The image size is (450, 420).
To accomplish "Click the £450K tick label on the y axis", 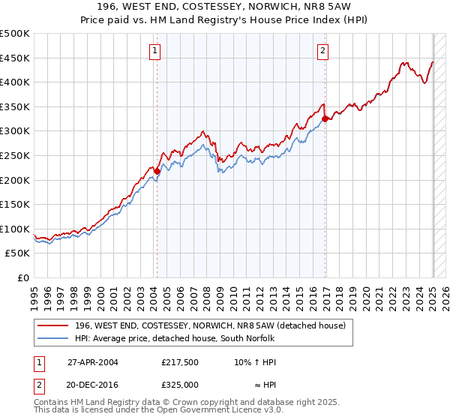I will click(x=15, y=58).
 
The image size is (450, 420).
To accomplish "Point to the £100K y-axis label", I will click(x=15, y=229).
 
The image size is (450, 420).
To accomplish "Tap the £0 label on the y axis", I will click(x=23, y=277).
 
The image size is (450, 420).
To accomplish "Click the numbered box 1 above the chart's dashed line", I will click(x=154, y=51).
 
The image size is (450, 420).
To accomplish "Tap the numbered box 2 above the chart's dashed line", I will click(x=322, y=51).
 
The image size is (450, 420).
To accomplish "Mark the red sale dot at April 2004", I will click(x=157, y=171).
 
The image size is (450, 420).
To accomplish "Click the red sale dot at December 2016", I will click(x=325, y=118).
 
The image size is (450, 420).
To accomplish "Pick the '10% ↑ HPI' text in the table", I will click(x=255, y=361).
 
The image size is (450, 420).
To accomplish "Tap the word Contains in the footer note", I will click(x=53, y=402).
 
